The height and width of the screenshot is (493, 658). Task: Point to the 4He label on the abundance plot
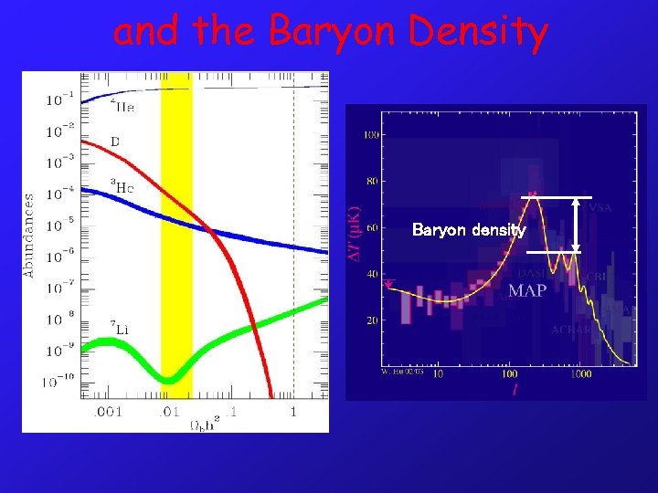click(x=122, y=108)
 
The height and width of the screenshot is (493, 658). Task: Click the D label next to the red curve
click(x=115, y=142)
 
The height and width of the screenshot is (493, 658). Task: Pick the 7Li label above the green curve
click(x=119, y=327)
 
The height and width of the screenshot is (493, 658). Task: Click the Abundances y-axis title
click(x=30, y=234)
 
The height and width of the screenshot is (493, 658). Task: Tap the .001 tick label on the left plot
click(x=107, y=412)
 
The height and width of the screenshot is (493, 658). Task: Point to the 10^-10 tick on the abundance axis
click(x=58, y=380)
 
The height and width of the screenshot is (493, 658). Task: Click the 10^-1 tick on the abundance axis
click(x=58, y=99)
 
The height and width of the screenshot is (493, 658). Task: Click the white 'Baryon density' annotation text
click(x=469, y=230)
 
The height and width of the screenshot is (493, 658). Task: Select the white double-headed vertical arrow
click(x=576, y=224)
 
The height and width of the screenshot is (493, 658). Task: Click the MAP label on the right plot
click(x=527, y=291)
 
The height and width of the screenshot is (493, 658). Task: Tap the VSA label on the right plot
click(x=600, y=208)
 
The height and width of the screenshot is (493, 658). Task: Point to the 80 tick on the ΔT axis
click(x=372, y=181)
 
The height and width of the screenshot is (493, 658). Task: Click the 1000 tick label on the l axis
click(x=578, y=373)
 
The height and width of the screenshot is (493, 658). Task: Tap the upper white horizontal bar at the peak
click(x=556, y=197)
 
